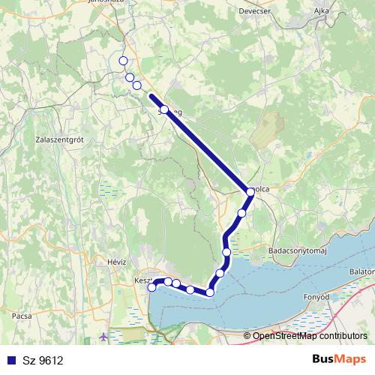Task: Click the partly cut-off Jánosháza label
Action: [125, 3]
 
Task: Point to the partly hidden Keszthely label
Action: [142, 280]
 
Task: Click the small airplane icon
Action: [103, 336]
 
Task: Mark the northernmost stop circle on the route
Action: [123, 61]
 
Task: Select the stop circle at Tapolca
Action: [250, 192]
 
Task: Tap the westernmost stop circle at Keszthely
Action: [152, 286]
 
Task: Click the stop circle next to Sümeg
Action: [164, 109]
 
